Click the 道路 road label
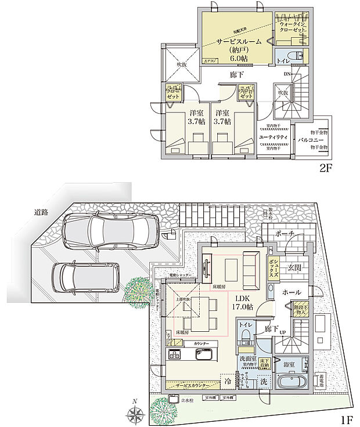(40, 212)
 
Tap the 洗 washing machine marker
(264, 383)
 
